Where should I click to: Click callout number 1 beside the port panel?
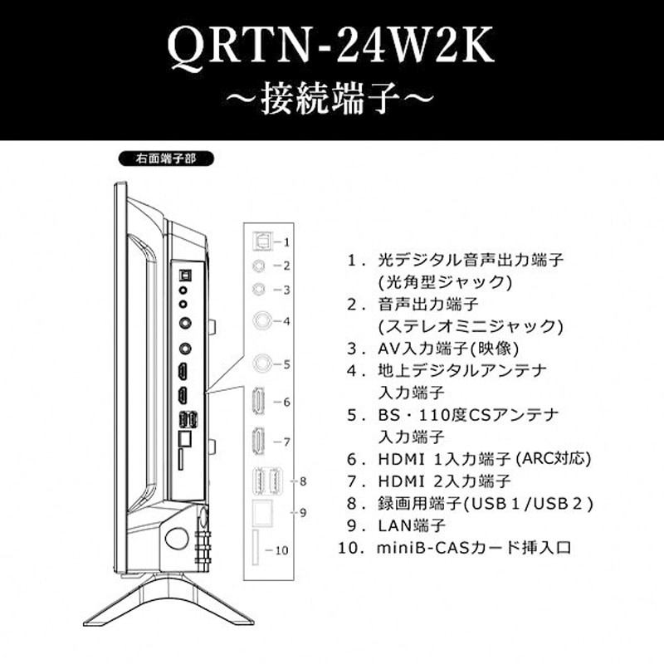point(285,242)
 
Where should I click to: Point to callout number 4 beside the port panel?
point(285,320)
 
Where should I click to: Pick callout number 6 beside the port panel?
point(285,402)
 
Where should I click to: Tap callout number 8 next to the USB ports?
point(304,481)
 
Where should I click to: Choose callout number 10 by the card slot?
point(281,549)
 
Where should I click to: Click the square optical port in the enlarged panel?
point(260,240)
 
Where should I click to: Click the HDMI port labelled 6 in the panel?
point(259,401)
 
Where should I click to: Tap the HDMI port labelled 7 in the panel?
point(259,442)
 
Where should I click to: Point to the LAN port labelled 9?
point(262,512)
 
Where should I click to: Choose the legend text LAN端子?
point(412,525)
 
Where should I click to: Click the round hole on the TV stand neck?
point(176,539)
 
